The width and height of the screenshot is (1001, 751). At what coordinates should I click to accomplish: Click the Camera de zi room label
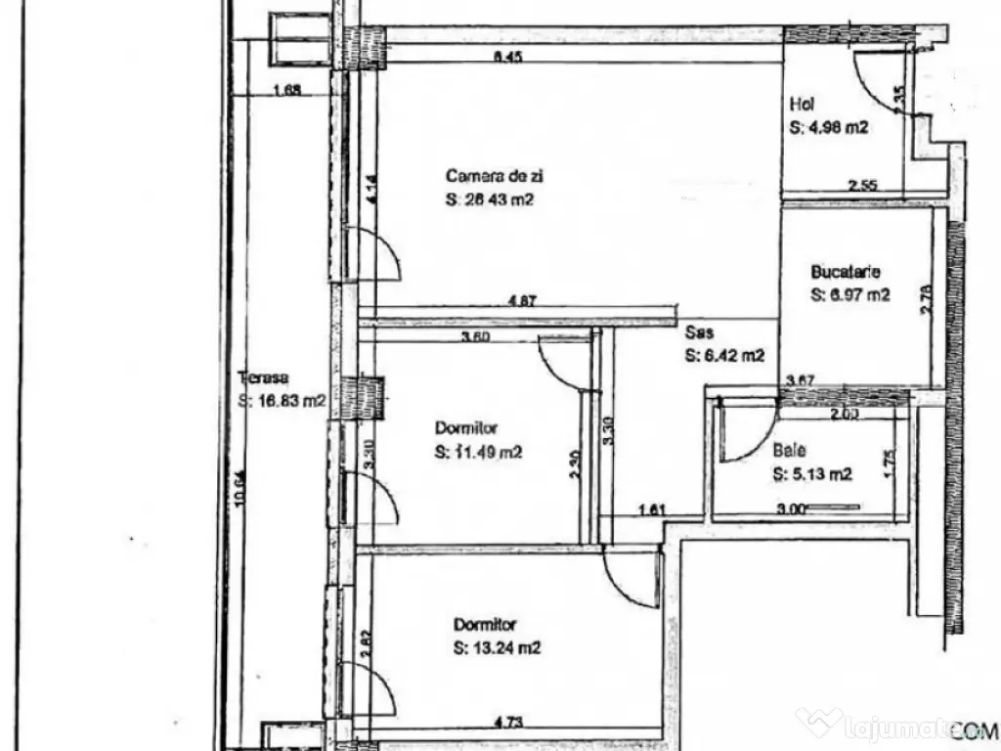coord(495,177)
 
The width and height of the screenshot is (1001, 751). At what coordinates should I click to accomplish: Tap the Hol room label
coord(802,105)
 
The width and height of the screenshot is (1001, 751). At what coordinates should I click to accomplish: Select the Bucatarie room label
coord(847,273)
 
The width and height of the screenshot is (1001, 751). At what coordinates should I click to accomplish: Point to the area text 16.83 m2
coord(282,400)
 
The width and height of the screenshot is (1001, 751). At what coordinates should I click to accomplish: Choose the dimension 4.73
coord(506,724)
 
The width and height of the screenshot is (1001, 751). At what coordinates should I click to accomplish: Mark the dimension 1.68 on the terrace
coord(286,91)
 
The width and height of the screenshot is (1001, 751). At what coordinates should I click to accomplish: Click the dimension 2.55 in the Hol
coord(863,185)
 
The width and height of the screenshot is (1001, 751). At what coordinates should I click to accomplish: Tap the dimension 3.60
coord(475,338)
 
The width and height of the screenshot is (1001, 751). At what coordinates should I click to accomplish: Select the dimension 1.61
coord(651,508)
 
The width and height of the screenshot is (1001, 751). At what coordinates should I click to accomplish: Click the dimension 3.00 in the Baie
coord(790,508)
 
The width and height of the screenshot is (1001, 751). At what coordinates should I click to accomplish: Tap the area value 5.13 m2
coord(812,475)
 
